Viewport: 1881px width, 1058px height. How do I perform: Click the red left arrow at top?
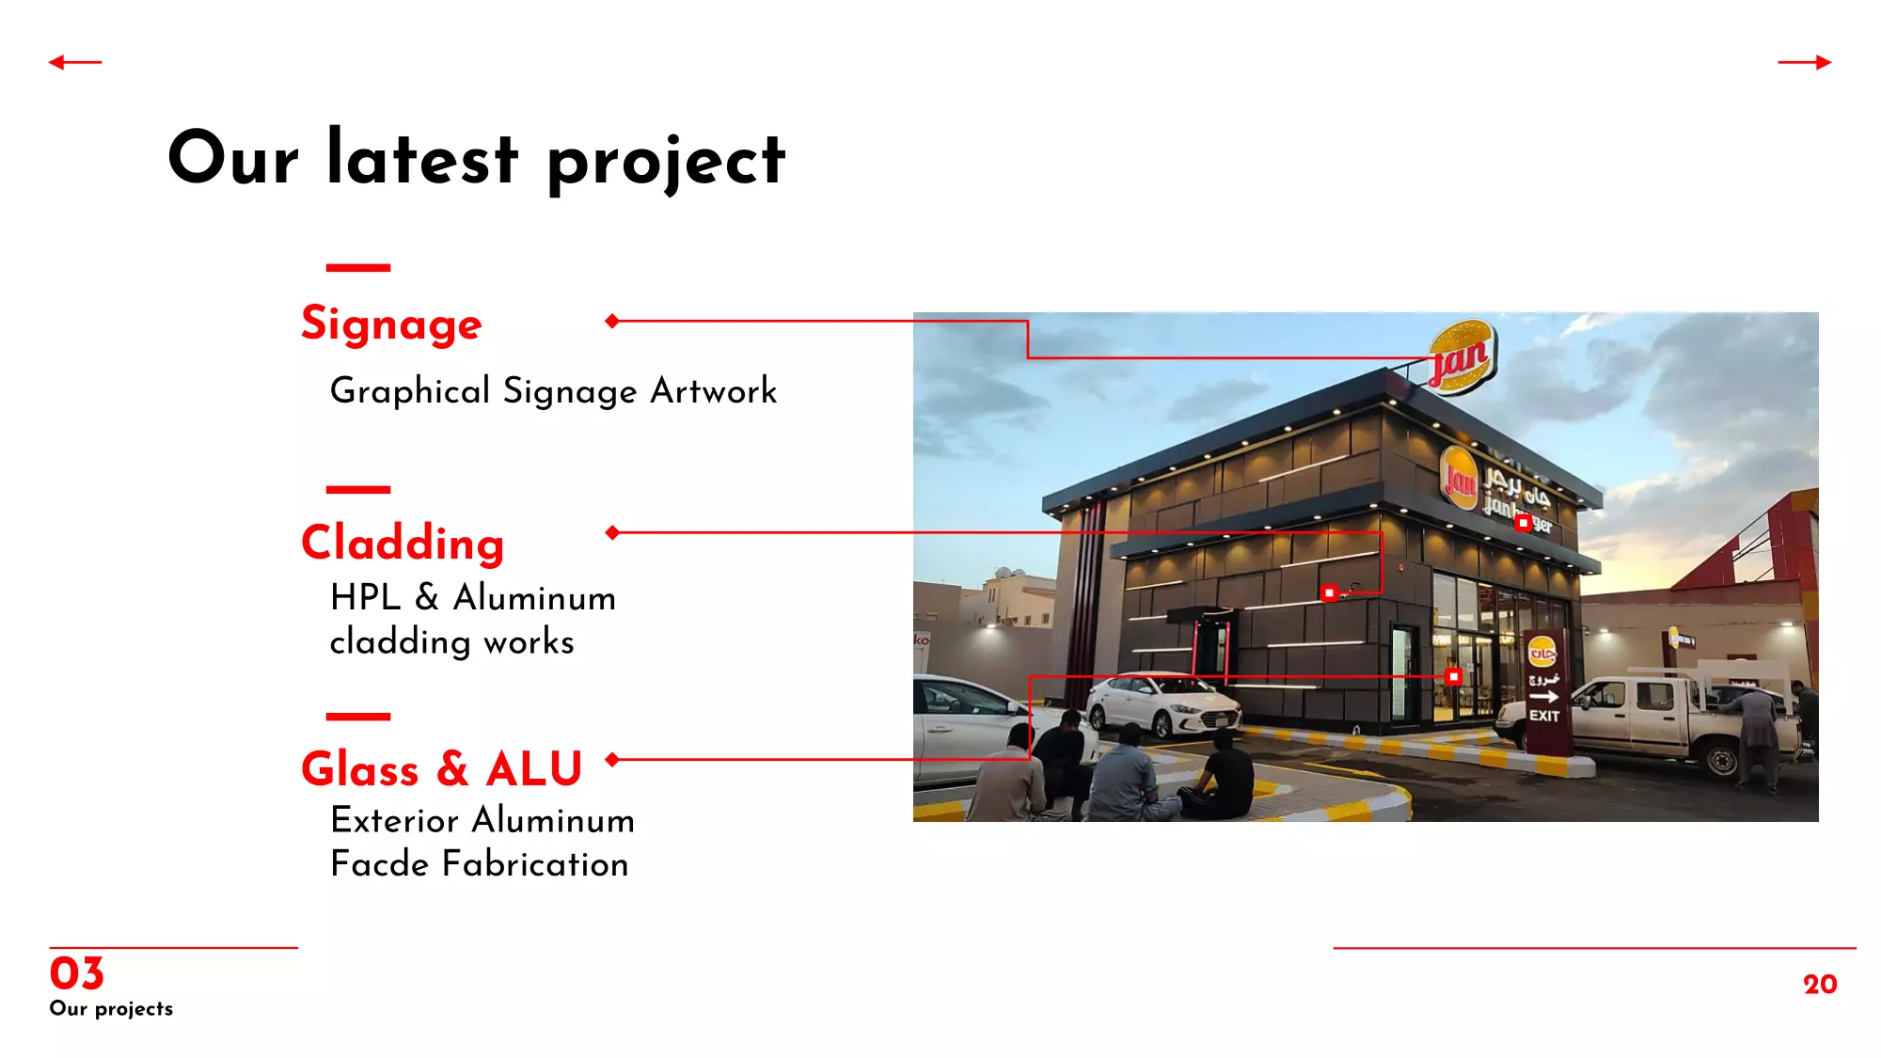[x=75, y=62]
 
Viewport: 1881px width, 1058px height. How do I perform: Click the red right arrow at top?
[x=1805, y=62]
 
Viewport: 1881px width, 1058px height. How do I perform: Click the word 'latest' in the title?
[x=422, y=157]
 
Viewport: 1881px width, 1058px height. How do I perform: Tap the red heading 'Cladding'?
[x=403, y=544]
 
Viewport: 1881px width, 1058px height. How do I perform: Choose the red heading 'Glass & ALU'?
[x=442, y=768]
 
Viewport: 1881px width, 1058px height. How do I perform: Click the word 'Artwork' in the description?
[x=714, y=390]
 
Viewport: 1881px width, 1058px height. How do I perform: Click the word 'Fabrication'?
[x=535, y=863]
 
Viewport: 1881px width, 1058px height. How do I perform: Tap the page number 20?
[x=1820, y=984]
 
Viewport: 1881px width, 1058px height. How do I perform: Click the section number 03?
[x=76, y=973]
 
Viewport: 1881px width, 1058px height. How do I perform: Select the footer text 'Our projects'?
[x=111, y=1008]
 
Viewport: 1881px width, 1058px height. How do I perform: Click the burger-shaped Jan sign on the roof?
[x=1462, y=355]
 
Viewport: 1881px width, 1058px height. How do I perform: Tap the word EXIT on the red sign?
[x=1544, y=716]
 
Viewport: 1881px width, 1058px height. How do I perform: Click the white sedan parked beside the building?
[x=1163, y=704]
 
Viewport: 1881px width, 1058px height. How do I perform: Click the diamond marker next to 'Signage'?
[x=612, y=321]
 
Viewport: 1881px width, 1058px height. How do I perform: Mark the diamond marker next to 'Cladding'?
[x=612, y=532]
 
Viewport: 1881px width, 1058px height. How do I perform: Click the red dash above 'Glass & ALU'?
[x=358, y=717]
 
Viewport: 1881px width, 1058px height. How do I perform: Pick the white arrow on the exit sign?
[x=1544, y=697]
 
